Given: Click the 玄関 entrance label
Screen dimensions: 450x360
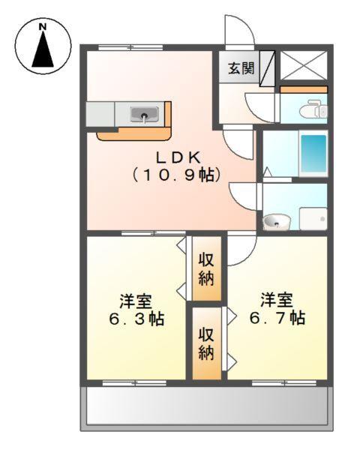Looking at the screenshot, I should click(241, 68).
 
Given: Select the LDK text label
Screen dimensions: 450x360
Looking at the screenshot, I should click(177, 157).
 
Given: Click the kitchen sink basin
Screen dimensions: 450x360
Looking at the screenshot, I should click(143, 115).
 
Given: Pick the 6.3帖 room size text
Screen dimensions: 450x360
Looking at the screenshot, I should click(136, 319).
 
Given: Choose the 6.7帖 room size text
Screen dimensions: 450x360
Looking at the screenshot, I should click(277, 317).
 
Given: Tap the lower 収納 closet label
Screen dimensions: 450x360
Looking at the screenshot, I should click(207, 343).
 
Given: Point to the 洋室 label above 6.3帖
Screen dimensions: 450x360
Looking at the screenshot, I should click(136, 301).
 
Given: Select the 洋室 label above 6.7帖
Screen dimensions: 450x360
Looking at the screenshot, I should click(277, 299).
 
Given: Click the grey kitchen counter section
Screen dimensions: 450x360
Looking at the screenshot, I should click(100, 115).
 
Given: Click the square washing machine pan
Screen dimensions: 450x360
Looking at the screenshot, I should click(311, 218).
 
